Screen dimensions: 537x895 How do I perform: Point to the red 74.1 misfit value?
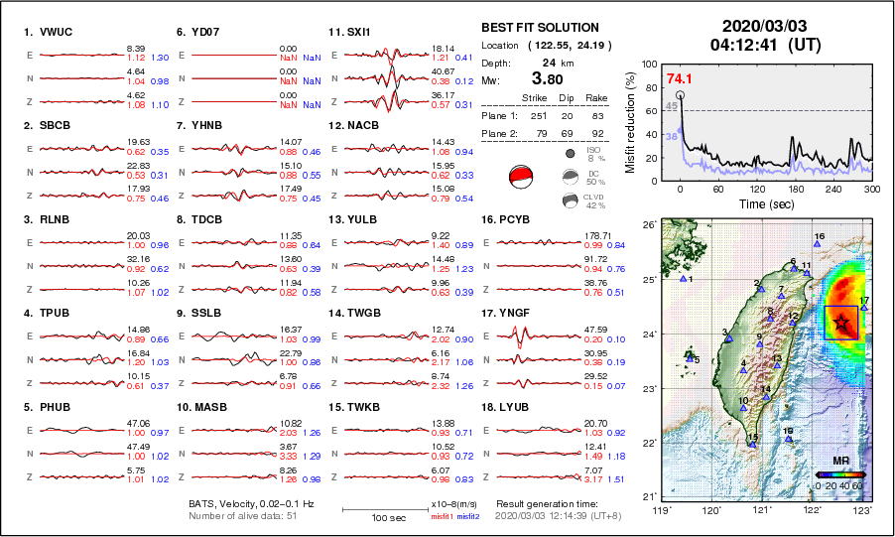coord(679,78)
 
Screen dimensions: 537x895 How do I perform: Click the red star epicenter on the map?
coord(841,322)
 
